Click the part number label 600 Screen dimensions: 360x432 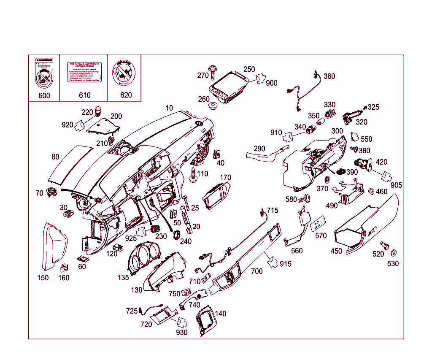coord(44,95)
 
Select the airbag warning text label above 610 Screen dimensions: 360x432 coord(84,72)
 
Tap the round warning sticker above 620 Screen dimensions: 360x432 coord(123,73)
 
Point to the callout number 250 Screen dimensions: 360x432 coord(249,69)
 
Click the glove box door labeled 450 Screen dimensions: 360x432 coord(367,226)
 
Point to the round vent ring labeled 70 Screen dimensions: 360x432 coord(52,191)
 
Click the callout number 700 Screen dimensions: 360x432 coord(256,271)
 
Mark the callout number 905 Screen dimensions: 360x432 coord(396,185)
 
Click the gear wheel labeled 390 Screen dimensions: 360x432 coord(340,171)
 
